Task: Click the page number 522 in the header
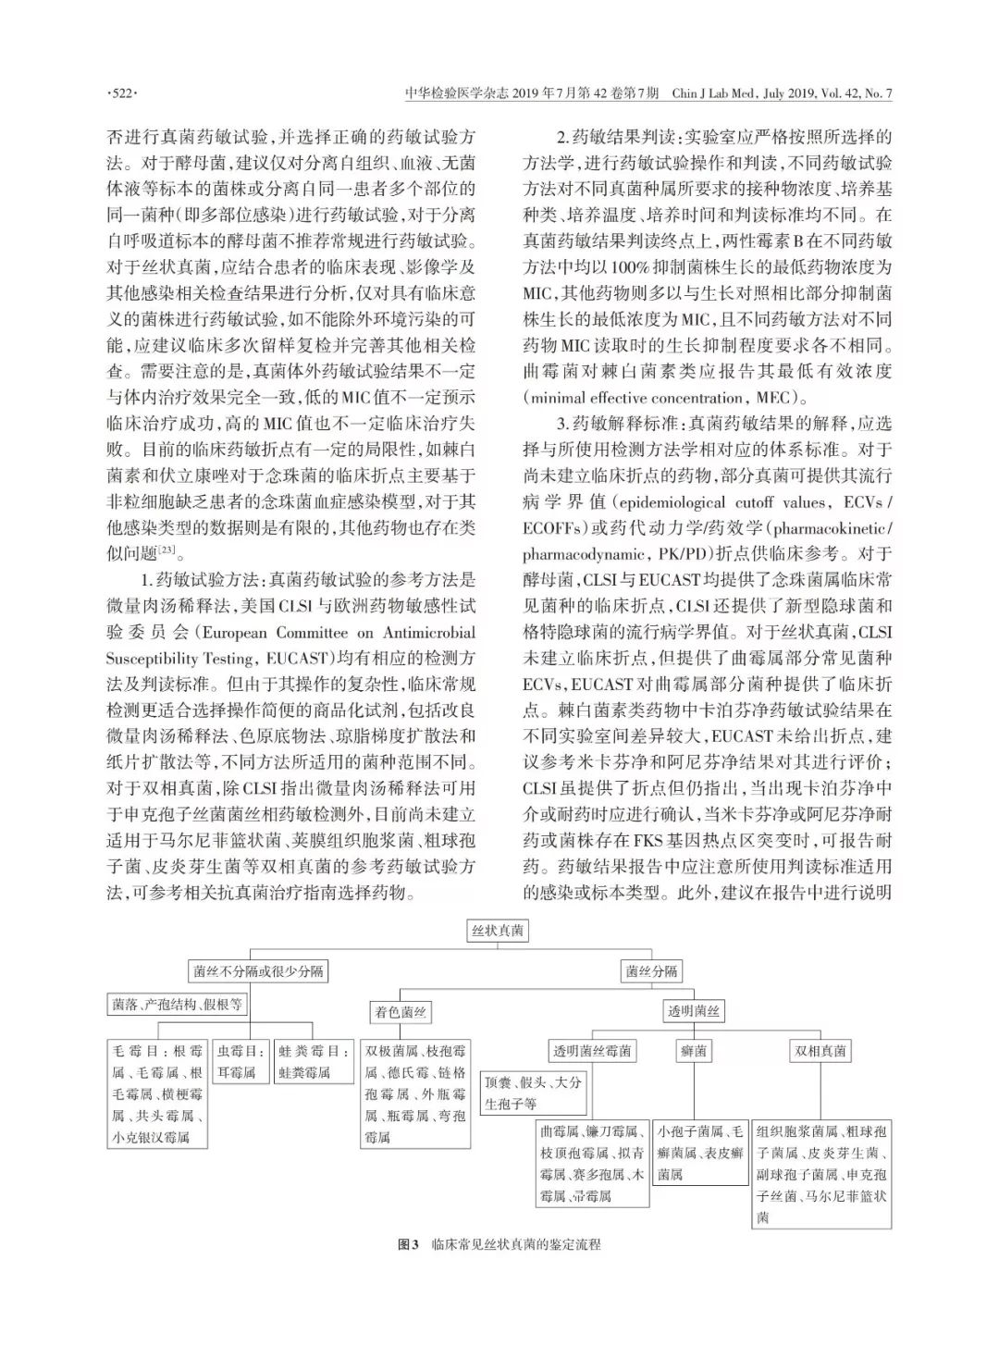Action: point(123,93)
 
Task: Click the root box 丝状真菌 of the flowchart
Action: point(499,931)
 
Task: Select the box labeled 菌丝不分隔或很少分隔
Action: point(258,971)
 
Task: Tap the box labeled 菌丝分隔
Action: point(651,971)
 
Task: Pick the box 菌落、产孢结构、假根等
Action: point(178,1004)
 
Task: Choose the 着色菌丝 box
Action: point(401,1012)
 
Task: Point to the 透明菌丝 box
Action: point(694,1011)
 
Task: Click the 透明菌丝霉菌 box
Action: point(593,1051)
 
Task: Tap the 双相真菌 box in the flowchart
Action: point(820,1051)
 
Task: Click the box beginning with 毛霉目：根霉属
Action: point(157,1094)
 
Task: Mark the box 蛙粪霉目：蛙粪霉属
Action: point(314,1062)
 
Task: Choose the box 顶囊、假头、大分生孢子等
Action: point(533,1093)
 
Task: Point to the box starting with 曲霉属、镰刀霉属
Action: point(593,1163)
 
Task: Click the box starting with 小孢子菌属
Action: point(700,1153)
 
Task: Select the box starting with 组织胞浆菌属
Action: point(821,1174)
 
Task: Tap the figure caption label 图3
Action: point(408,1244)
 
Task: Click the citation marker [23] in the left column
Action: point(167,551)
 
